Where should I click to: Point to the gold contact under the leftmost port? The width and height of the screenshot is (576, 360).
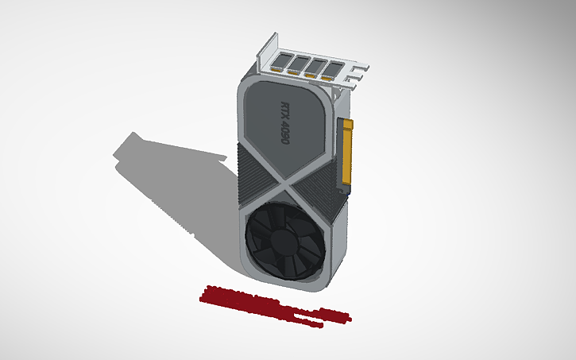point(276,71)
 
